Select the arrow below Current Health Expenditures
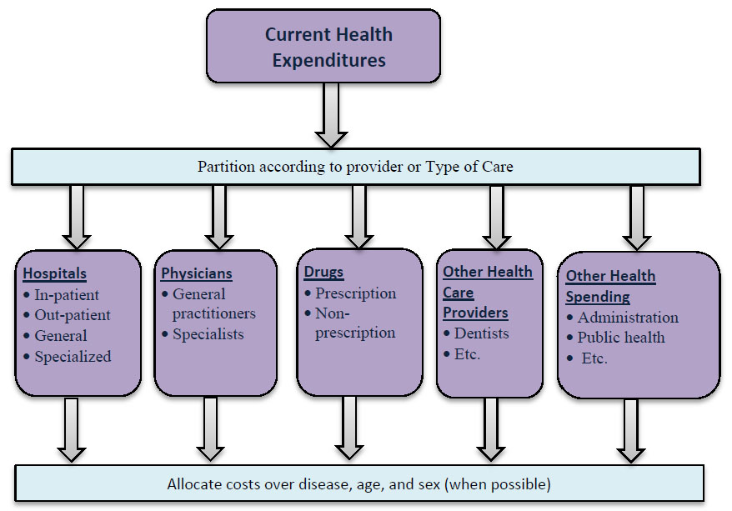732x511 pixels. click(x=331, y=115)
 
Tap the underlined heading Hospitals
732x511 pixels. click(x=54, y=273)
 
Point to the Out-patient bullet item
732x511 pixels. click(x=72, y=315)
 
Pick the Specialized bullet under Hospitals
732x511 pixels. click(x=72, y=356)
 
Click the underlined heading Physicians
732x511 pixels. click(x=197, y=273)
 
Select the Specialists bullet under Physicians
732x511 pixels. click(x=207, y=334)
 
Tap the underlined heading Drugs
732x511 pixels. click(x=323, y=273)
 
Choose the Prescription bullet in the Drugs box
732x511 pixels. click(x=354, y=293)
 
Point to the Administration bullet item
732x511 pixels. click(x=627, y=318)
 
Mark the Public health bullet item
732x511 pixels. click(x=620, y=338)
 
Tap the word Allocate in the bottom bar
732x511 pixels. click(x=196, y=483)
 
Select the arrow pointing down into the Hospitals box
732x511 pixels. click(x=77, y=217)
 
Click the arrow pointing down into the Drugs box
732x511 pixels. click(x=359, y=217)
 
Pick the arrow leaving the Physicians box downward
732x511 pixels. click(x=211, y=428)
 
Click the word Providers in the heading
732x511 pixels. click(x=475, y=313)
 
